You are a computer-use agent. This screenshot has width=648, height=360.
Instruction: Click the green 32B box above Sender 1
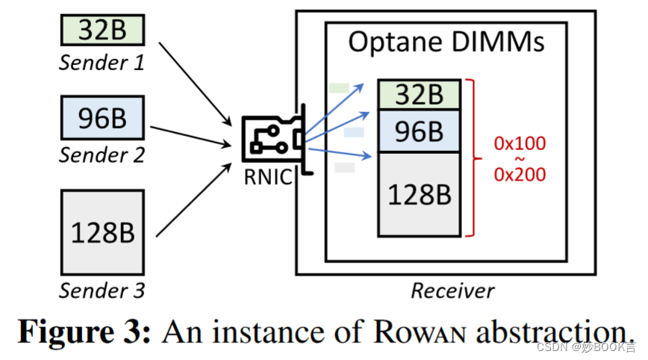pos(102,31)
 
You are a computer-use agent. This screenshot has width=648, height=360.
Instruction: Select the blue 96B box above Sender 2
pos(102,119)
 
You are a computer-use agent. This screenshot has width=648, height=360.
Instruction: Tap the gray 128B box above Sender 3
pos(102,233)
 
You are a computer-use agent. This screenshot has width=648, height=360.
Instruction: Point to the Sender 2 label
pos(102,155)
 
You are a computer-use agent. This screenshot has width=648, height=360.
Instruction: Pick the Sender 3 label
pos(102,289)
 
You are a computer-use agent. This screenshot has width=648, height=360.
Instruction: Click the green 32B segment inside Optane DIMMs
pos(418,95)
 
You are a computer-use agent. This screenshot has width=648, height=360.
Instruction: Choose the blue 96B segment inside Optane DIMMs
pos(418,131)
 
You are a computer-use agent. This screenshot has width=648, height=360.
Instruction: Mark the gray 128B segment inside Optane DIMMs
pos(418,194)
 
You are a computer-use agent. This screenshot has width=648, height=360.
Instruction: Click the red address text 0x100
pos(520,143)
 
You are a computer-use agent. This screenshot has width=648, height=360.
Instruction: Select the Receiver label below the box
pos(452,290)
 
